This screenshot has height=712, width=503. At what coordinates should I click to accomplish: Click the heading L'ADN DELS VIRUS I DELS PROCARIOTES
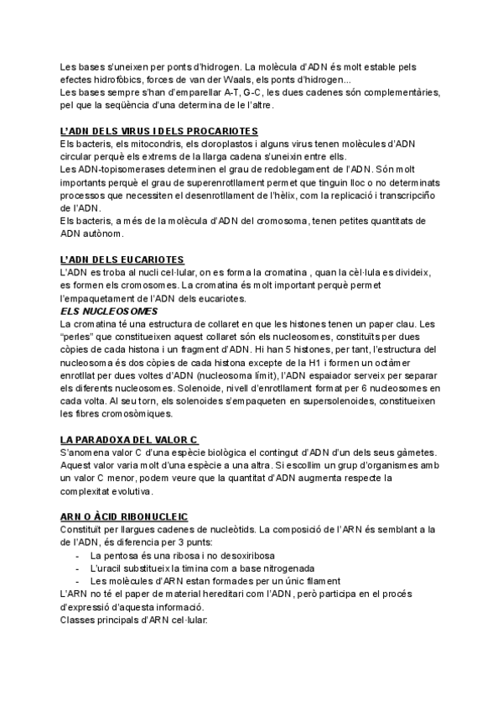(x=159, y=132)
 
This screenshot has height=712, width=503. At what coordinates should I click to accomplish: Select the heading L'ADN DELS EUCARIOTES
(x=122, y=260)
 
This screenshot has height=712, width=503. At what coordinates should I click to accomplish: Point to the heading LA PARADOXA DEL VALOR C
(x=129, y=440)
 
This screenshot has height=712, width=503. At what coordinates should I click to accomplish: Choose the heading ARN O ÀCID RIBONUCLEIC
(x=124, y=517)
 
